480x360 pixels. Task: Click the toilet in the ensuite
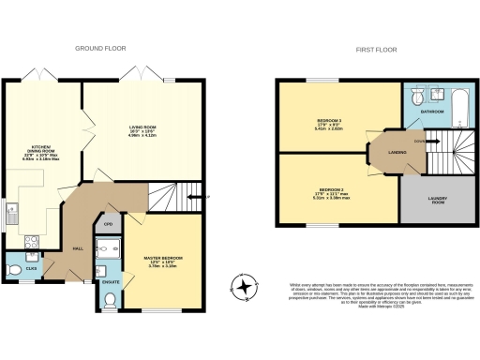[x=110, y=300]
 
